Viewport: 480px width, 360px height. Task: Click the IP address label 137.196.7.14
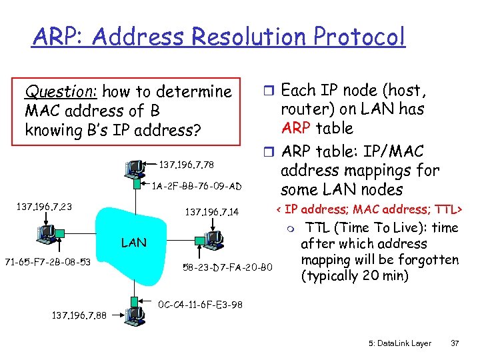pos(212,213)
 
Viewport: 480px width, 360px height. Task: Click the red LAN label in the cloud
pos(134,243)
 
